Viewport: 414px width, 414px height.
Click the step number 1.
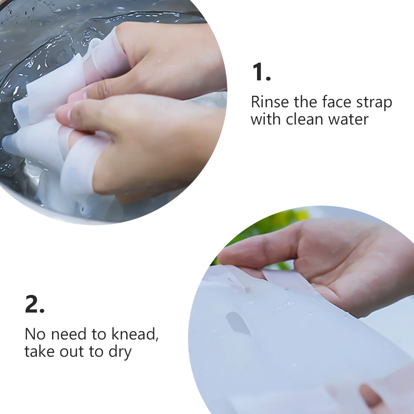(x=261, y=72)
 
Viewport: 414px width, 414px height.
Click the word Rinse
(x=269, y=102)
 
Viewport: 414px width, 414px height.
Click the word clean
(x=305, y=119)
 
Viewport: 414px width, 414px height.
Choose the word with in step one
(x=266, y=119)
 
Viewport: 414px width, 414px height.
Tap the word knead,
(x=135, y=334)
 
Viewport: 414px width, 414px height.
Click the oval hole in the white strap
(x=238, y=323)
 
